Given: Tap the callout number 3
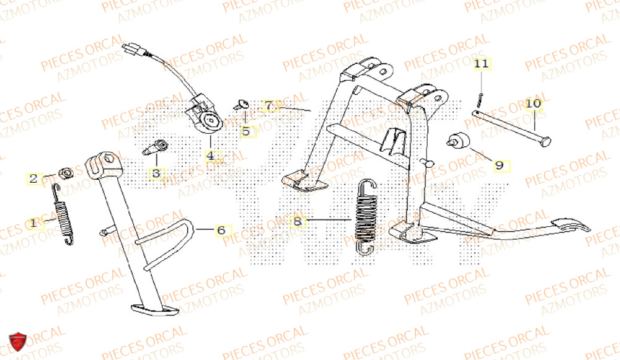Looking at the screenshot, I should click(156, 173).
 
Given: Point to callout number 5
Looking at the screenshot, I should click(246, 131).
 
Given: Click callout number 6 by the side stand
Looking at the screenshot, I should click(220, 230).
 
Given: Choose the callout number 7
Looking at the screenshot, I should click(268, 106).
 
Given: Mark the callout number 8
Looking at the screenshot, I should click(298, 221).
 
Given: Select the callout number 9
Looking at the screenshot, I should click(498, 165).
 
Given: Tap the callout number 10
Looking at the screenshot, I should click(533, 103).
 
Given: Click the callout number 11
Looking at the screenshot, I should click(482, 64).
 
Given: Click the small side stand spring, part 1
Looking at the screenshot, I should click(63, 209).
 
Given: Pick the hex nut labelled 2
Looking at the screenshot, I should click(64, 172).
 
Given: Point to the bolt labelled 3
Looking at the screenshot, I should click(156, 148).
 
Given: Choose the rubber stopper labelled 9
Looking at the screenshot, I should click(459, 141).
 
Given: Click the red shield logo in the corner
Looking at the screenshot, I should click(17, 342).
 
